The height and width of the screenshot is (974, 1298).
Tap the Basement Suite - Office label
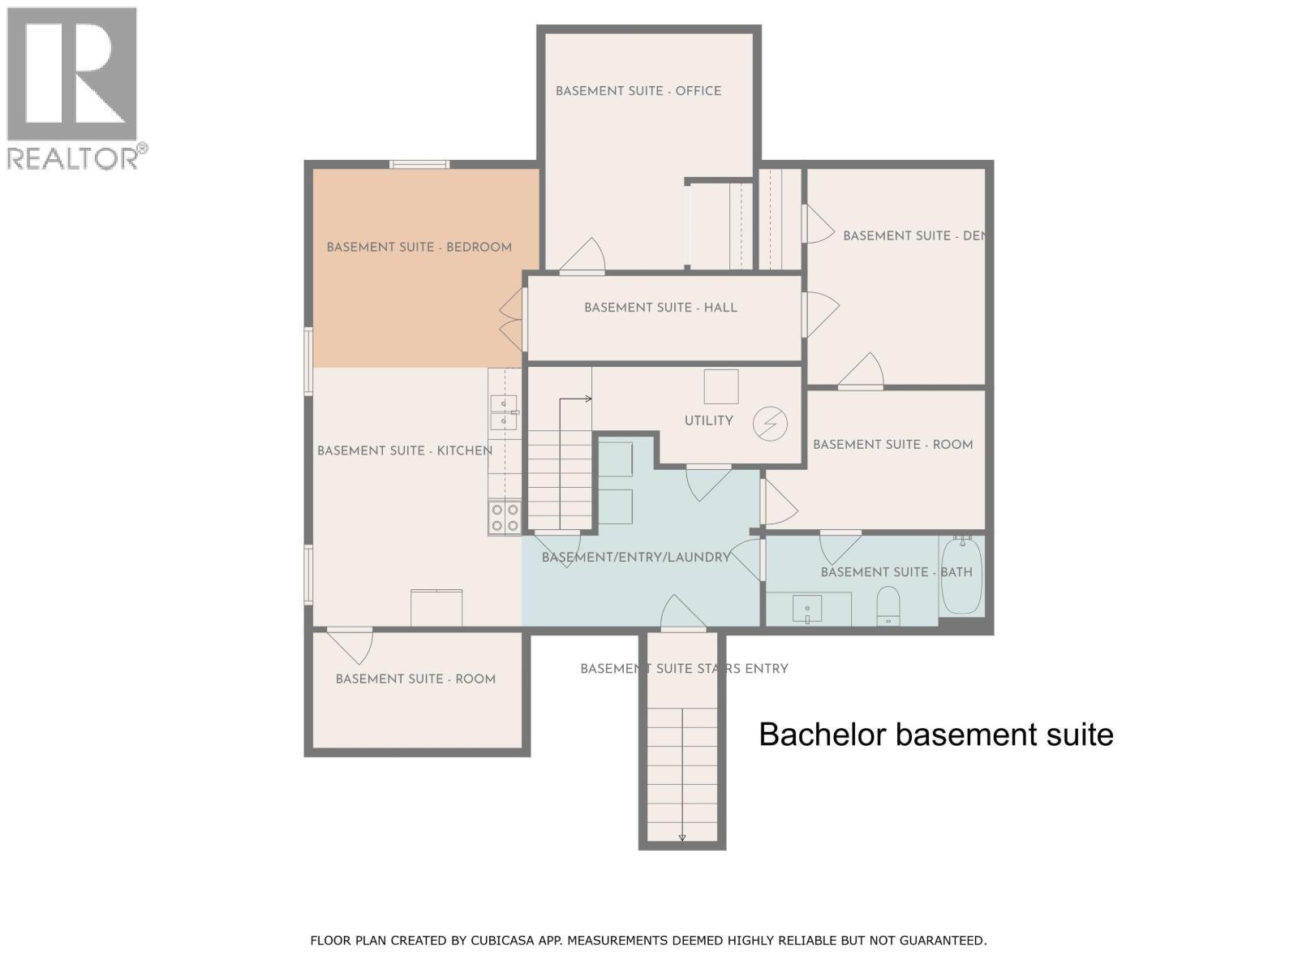click(x=638, y=91)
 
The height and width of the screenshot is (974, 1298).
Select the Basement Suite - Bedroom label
click(x=419, y=248)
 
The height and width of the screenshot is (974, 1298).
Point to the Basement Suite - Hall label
click(x=660, y=308)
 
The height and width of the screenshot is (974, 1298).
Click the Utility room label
click(x=708, y=420)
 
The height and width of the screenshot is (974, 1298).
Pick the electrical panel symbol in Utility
click(x=770, y=424)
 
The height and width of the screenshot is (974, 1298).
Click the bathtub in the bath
click(x=961, y=575)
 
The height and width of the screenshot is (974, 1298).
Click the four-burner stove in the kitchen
click(x=505, y=518)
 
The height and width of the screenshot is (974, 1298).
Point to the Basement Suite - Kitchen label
click(x=405, y=450)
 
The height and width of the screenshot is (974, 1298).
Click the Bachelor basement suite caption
click(x=936, y=735)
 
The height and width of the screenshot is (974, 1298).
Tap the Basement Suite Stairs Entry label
click(x=684, y=669)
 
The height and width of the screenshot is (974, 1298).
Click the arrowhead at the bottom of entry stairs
click(x=681, y=838)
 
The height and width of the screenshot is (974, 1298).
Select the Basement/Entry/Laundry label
click(x=636, y=557)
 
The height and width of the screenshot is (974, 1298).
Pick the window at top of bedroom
click(x=419, y=165)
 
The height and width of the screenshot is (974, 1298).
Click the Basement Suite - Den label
click(x=913, y=236)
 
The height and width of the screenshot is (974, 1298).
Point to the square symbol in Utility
click(x=721, y=387)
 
